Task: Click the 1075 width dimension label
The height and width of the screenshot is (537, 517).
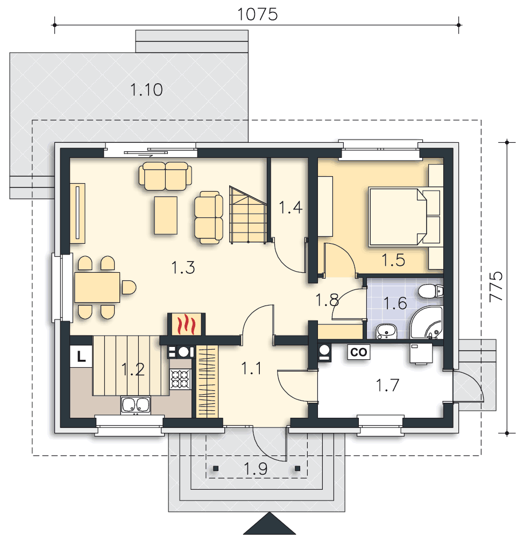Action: click(257, 14)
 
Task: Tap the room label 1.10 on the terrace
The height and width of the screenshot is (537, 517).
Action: click(146, 90)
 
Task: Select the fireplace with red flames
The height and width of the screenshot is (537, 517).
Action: click(185, 324)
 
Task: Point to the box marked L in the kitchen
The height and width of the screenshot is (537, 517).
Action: click(81, 356)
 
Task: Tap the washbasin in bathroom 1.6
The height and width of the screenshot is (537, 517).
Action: click(385, 331)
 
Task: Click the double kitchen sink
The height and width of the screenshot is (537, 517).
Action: click(135, 405)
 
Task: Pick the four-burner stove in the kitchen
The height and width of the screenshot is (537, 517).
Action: click(180, 379)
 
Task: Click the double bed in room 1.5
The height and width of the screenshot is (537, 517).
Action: click(398, 217)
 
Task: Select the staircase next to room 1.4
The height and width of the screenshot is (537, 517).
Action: click(249, 215)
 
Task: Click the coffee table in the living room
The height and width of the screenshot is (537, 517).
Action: click(166, 215)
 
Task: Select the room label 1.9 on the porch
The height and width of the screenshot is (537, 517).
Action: click(256, 469)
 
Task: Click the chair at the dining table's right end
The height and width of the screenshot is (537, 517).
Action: click(129, 287)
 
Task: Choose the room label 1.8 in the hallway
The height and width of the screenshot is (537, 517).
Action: click(327, 300)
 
